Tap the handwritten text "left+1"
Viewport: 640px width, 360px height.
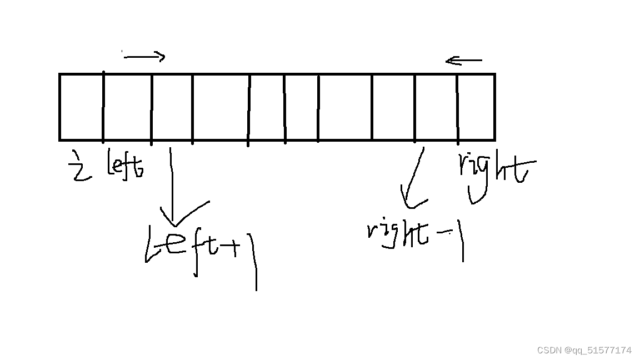[200, 253]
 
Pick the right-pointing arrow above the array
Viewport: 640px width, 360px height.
[144, 56]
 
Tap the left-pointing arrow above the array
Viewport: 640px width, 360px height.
[463, 60]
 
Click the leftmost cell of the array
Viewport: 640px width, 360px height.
[81, 107]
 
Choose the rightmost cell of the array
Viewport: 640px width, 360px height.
[476, 107]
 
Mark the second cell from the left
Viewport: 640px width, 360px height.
[127, 107]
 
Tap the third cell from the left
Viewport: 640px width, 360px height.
[172, 107]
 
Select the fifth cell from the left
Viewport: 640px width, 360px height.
[266, 107]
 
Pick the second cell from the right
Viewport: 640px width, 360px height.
[436, 107]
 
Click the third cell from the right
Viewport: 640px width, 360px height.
[393, 107]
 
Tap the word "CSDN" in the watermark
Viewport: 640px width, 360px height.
[549, 350]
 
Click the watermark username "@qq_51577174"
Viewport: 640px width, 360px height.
[598, 350]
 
